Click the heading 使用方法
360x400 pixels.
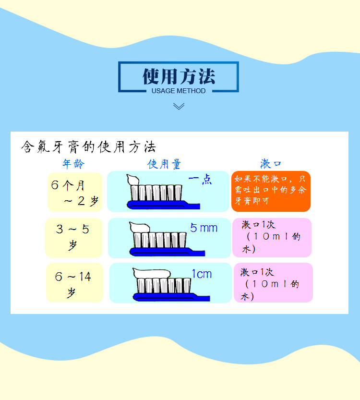[x=179, y=76]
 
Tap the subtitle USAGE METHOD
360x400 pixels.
[x=179, y=91]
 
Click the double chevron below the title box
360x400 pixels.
[x=179, y=106]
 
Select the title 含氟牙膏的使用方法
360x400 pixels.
[x=88, y=146]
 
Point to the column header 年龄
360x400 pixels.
[x=73, y=164]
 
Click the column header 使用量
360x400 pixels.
[x=164, y=164]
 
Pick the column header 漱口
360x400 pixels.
[x=271, y=164]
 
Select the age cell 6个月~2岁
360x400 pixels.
[x=75, y=192]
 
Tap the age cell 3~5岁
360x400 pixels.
[x=73, y=237]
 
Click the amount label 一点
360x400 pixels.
[x=200, y=181]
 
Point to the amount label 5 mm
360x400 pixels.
[x=204, y=228]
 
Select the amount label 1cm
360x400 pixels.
[x=202, y=274]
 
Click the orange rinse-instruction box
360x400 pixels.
[x=271, y=191]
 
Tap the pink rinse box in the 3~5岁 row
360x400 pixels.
[x=272, y=237]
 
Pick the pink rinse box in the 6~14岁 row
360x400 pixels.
[x=273, y=283]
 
